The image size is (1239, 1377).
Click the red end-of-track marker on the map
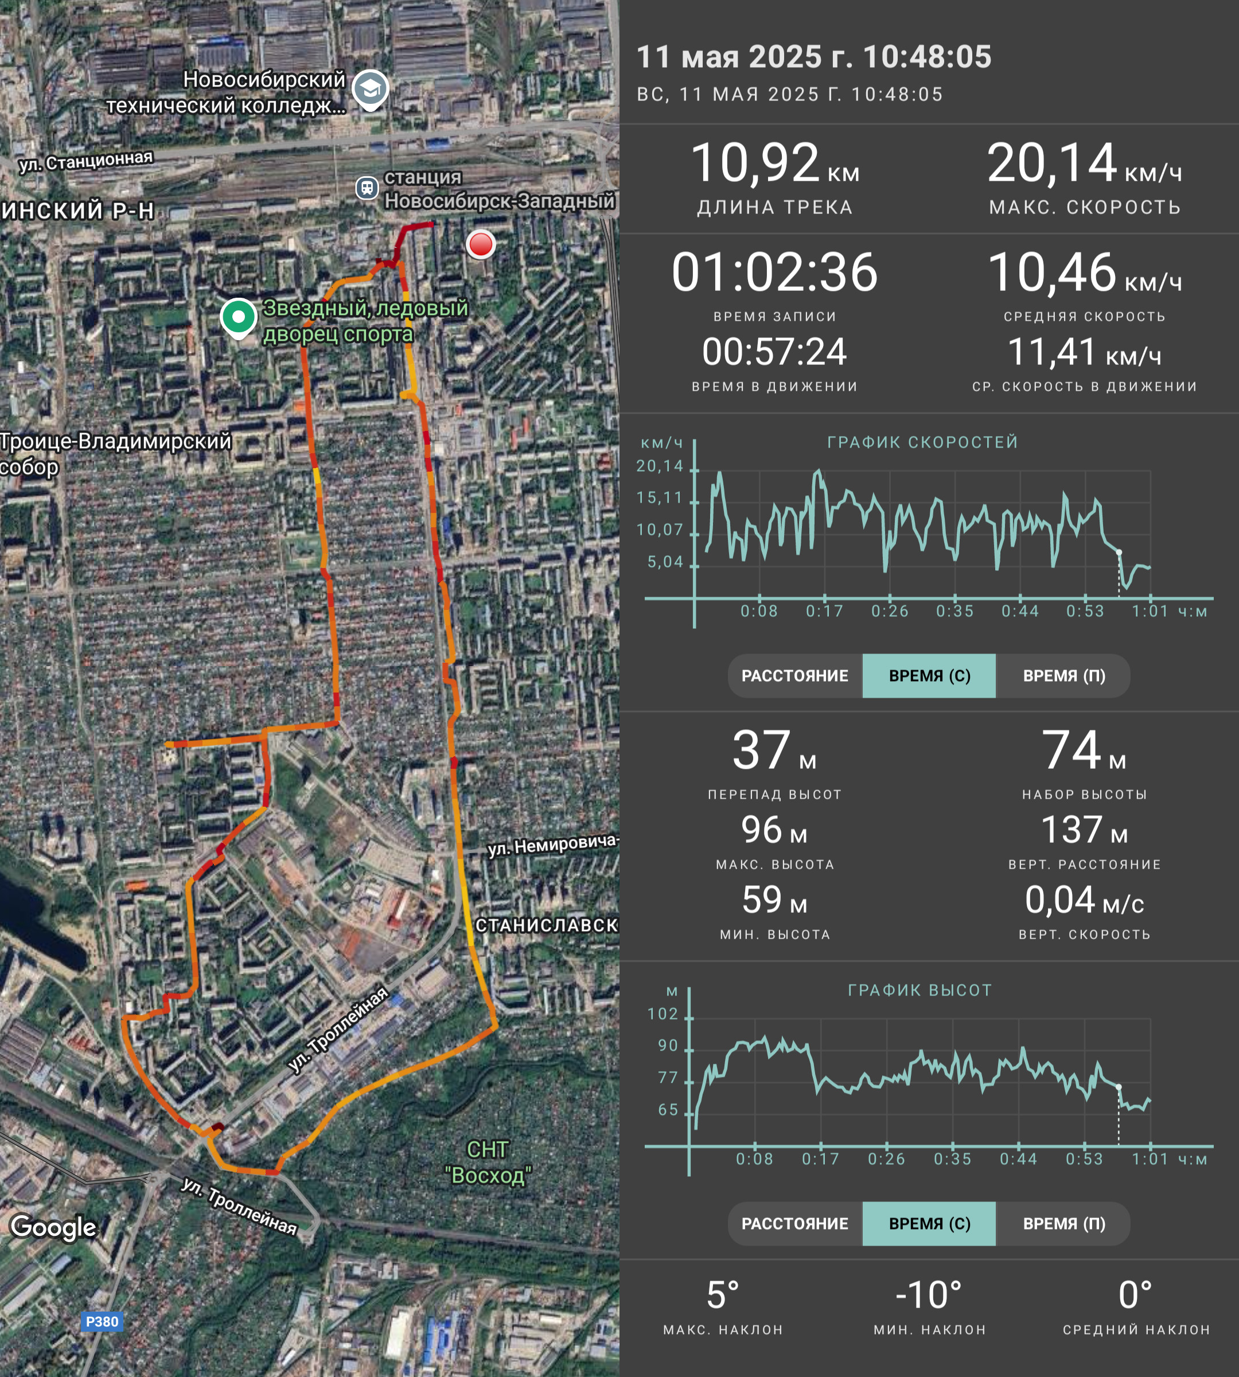point(481,244)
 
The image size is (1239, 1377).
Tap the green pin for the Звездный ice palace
point(238,318)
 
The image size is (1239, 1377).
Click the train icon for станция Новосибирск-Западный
point(367,186)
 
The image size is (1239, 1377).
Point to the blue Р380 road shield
point(102,1322)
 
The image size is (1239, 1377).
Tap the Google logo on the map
point(54,1228)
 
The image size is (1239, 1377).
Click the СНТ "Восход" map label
point(488,1162)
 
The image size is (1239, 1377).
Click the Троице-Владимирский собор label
point(115,454)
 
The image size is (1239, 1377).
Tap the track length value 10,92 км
point(775,164)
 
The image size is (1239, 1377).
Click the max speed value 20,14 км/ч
point(1085,164)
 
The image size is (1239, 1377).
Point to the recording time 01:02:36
point(775,273)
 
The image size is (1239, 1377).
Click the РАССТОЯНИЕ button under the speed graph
point(794,675)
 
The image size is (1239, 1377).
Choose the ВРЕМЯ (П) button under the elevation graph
point(1064,1224)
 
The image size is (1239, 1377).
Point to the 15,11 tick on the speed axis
point(659,498)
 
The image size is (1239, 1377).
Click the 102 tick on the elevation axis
point(663,1014)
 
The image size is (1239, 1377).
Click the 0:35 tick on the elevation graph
point(952,1159)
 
